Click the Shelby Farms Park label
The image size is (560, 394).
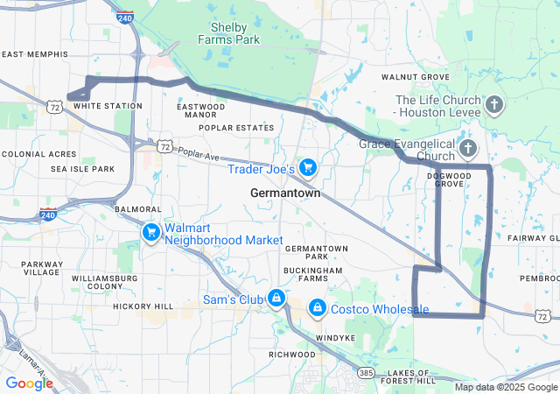point(228,33)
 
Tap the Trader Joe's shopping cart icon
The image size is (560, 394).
point(307,166)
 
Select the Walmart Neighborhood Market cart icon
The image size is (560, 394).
point(151,232)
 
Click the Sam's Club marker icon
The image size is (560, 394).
point(276,299)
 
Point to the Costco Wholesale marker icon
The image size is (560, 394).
point(317,308)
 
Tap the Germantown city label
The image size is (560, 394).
point(285,193)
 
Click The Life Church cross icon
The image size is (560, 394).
point(494,106)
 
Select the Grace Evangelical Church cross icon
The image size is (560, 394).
point(468,148)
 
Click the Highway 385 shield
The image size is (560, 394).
point(366,373)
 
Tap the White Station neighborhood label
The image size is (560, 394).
point(108,106)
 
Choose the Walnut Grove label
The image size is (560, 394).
point(416,77)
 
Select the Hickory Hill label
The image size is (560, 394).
point(143,306)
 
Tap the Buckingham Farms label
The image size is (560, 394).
point(313,275)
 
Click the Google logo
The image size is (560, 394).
point(29,383)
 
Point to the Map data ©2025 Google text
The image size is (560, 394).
point(506,387)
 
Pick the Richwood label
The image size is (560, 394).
point(291,355)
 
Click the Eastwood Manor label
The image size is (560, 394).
point(201,110)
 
